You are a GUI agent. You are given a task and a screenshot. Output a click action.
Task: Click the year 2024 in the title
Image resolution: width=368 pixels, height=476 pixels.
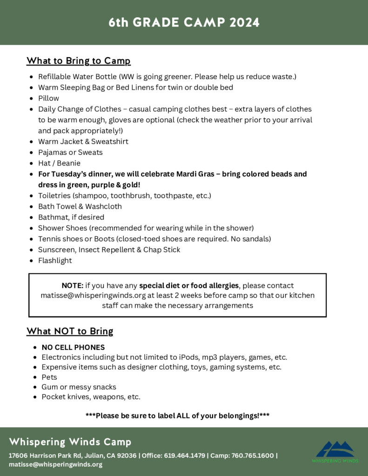click(x=244, y=22)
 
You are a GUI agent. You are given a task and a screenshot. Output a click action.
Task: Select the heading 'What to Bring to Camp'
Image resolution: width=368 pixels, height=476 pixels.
click(x=78, y=61)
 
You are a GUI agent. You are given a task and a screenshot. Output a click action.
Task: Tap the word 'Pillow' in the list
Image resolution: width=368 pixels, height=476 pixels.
click(x=48, y=98)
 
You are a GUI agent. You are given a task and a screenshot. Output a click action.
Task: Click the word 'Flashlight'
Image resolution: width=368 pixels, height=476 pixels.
click(x=55, y=260)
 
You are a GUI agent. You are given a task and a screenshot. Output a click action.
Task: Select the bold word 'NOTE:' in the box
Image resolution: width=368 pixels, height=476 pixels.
click(x=72, y=285)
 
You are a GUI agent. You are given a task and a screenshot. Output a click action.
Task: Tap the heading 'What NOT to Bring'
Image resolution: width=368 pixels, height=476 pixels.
click(x=70, y=331)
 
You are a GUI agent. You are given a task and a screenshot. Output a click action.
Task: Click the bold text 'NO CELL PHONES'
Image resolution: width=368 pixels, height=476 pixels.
click(x=73, y=347)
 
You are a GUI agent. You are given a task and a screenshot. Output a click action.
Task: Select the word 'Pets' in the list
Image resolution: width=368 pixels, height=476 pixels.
click(x=49, y=377)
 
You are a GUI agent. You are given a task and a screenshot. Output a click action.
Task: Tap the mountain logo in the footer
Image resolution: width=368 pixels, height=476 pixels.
click(x=335, y=450)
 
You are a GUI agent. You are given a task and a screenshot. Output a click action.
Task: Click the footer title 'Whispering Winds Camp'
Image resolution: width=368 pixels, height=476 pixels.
click(x=70, y=442)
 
